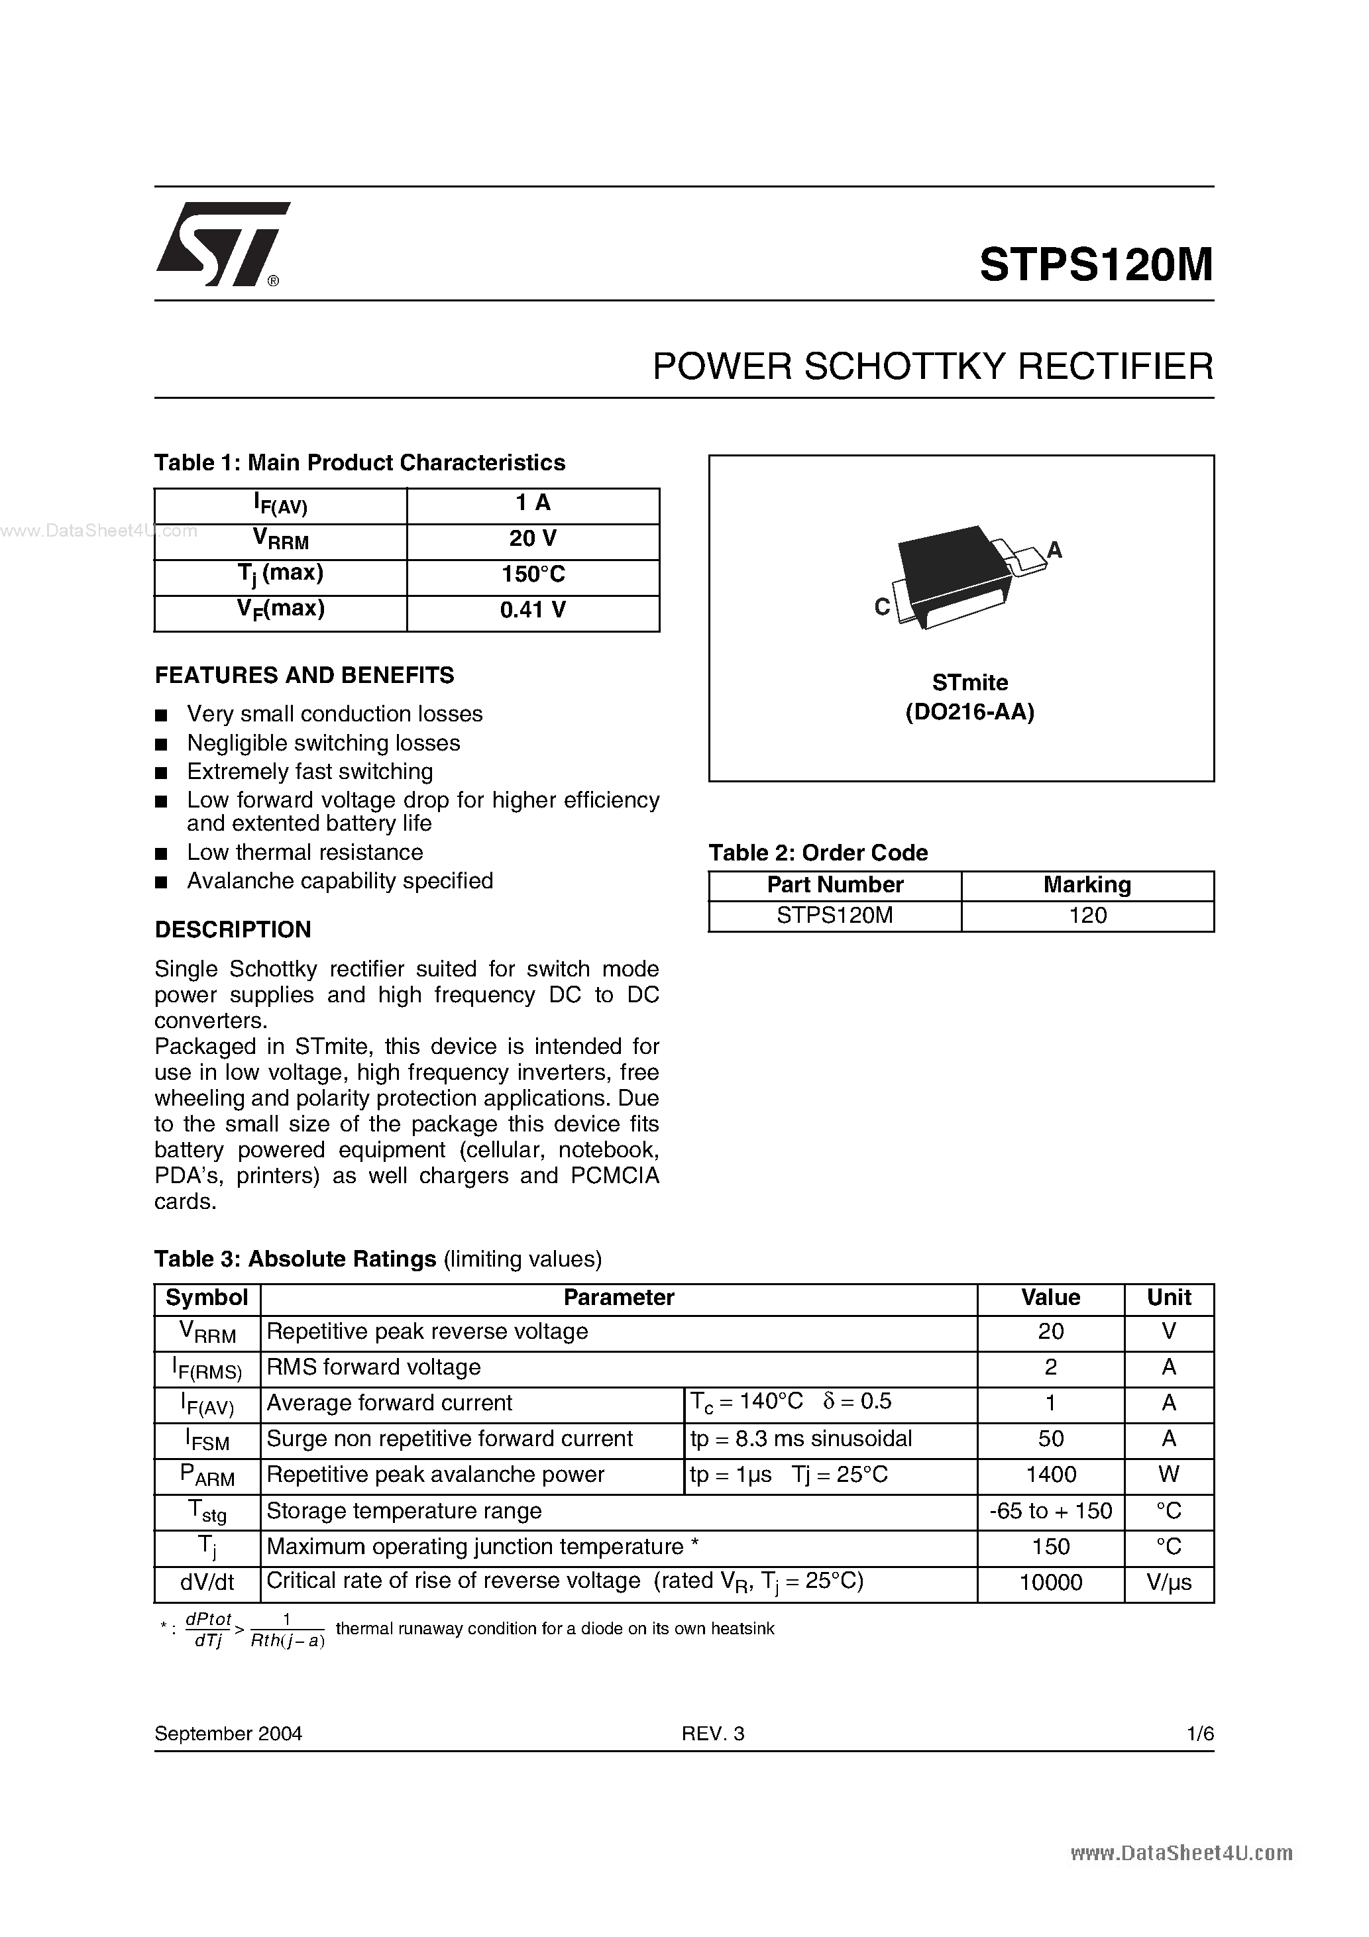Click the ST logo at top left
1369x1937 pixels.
coord(221,244)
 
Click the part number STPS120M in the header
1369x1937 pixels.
coord(1095,265)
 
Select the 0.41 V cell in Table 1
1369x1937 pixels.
coord(533,610)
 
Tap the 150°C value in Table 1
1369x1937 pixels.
coord(533,574)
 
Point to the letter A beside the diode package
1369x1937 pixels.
coord(1054,550)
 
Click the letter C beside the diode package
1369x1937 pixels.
coord(882,607)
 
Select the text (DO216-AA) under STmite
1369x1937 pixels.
coord(970,712)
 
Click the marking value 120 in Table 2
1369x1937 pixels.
coord(1087,916)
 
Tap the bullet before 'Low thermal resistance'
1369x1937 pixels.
coord(162,854)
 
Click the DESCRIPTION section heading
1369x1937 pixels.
coord(233,929)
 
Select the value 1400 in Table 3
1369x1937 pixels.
coord(1050,1474)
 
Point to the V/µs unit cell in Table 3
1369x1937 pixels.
coord(1168,1582)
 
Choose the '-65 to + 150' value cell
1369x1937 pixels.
coord(1050,1510)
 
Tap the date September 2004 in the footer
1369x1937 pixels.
coord(228,1733)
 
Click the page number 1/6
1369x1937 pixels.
coord(1199,1733)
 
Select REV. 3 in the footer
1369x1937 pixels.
coord(713,1733)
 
